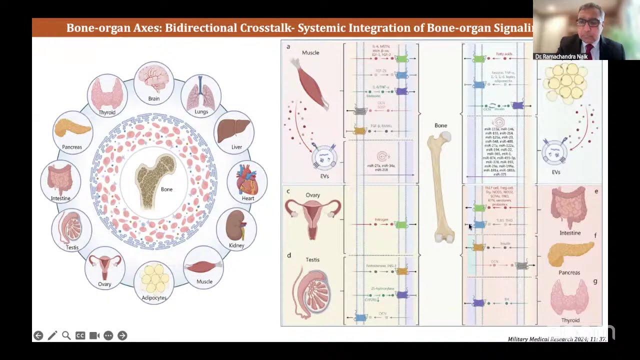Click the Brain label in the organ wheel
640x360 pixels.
[x=153, y=98]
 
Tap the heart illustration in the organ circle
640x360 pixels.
[x=247, y=180]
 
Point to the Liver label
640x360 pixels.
[x=236, y=147]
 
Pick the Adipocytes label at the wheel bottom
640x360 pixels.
[x=154, y=298]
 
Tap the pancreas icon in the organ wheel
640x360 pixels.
[x=72, y=128]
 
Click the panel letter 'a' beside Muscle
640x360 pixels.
[x=288, y=46]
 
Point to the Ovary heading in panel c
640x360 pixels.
[x=313, y=195]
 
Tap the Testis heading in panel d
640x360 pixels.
[x=312, y=259]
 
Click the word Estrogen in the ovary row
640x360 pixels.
[x=381, y=219]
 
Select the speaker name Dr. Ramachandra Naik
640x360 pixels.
[x=561, y=57]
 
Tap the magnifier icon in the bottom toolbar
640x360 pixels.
[x=66, y=335]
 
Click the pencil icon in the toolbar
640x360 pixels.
[x=52, y=335]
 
